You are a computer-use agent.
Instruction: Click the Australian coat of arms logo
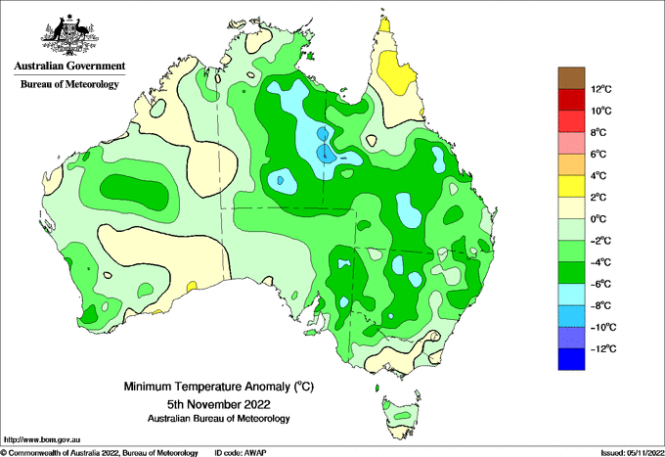coord(70,35)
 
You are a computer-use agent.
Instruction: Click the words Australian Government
coord(70,66)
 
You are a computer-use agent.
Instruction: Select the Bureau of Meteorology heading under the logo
coord(70,84)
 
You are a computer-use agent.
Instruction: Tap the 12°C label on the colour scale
coord(601,89)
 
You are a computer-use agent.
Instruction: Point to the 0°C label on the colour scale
coord(598,219)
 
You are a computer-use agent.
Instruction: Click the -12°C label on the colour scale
coord(603,348)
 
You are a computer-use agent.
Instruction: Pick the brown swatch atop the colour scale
coord(571,78)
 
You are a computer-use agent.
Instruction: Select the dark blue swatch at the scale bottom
coord(571,359)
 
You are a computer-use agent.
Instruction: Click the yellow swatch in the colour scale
coord(571,186)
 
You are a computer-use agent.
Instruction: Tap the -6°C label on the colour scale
coord(600,284)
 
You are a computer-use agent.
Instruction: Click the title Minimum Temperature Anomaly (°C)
coord(219,387)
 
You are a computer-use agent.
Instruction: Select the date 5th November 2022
coord(219,404)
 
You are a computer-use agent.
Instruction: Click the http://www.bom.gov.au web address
coord(42,440)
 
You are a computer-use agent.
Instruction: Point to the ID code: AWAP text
coord(241,453)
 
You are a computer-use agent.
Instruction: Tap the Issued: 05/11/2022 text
coord(632,453)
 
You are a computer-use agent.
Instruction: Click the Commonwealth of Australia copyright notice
coord(100,453)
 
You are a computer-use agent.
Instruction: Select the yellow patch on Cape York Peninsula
coord(395,72)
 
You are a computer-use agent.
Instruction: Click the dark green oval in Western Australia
coord(134,192)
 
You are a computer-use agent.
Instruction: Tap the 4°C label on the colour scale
coord(598,176)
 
